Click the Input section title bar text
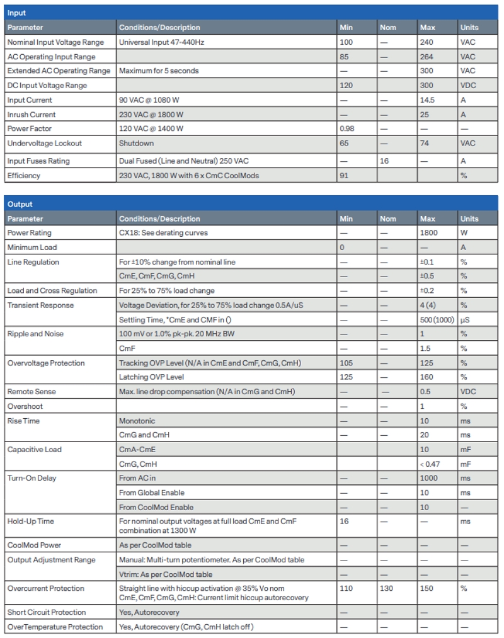point(16,13)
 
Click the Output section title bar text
point(20,204)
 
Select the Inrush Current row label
point(31,115)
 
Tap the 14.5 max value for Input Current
point(427,100)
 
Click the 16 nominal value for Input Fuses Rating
point(384,161)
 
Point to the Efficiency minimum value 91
point(344,176)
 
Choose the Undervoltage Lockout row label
point(44,144)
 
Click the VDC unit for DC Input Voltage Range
point(468,86)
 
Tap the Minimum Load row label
point(31,248)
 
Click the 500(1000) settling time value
point(435,320)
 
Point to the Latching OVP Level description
point(151,377)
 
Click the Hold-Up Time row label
point(31,521)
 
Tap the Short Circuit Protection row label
point(46,612)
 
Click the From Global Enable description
point(151,493)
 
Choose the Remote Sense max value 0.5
point(426,392)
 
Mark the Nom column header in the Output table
point(388,219)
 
